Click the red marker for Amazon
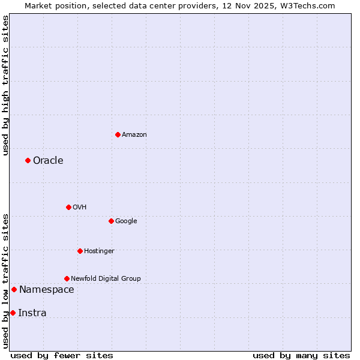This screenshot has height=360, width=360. [118, 134]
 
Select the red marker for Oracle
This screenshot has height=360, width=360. [28, 160]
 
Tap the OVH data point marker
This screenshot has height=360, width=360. [68, 207]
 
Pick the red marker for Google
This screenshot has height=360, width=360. [111, 221]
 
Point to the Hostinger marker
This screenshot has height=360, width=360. [80, 251]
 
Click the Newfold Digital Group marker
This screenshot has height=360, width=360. [67, 278]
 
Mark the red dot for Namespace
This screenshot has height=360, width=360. [14, 289]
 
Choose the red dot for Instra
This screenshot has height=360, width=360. [13, 313]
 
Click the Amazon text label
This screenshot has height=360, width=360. [134, 135]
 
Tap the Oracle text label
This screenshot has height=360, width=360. [48, 161]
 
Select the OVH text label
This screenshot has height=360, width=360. [80, 208]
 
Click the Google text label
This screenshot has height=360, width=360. [126, 221]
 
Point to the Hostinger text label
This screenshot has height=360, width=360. [99, 251]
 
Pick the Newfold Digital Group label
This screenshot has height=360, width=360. [106, 279]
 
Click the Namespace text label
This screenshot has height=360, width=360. [47, 290]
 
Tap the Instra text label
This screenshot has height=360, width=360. [32, 313]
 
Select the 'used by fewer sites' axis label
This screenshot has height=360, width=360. [62, 355]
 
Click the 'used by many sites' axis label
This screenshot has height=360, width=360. [301, 355]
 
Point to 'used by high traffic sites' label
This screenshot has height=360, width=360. [5, 85]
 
